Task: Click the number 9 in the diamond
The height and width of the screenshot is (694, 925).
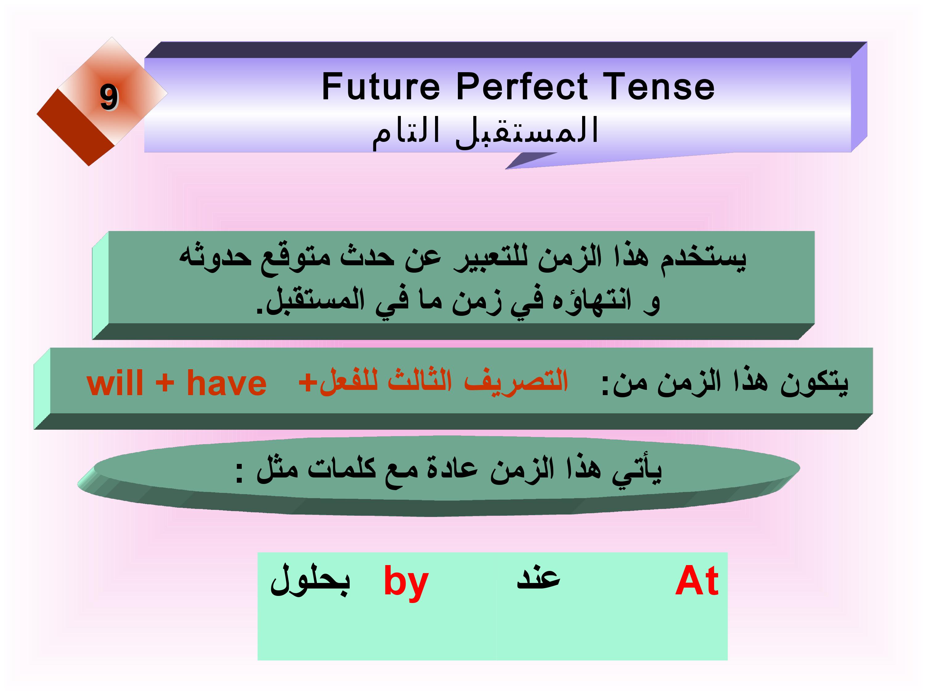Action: tap(109, 98)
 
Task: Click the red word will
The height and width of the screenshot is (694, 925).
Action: tap(115, 383)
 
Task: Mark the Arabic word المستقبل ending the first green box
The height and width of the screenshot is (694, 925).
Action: tap(310, 301)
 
